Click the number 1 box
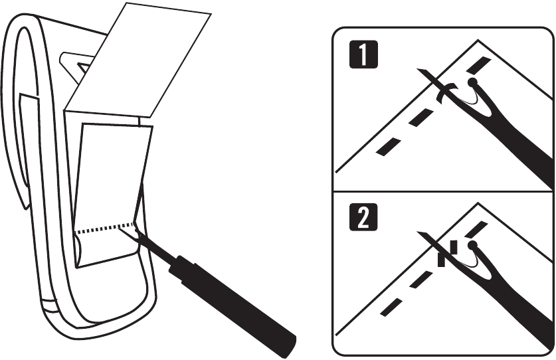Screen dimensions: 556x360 [x=363, y=54]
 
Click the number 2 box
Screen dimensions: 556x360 [x=363, y=217]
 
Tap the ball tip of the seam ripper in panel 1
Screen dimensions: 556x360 [x=472, y=82]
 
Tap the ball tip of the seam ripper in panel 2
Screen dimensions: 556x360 [x=472, y=245]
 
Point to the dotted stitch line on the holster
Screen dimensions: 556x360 [x=106, y=228]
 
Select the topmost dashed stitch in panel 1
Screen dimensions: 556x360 [x=478, y=64]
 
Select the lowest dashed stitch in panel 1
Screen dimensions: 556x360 [x=389, y=147]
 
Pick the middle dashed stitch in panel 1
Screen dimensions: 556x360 [x=421, y=118]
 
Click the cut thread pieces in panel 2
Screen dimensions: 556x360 [x=447, y=254]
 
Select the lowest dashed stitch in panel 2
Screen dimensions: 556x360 [x=391, y=307]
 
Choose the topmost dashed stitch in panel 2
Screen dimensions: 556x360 [x=476, y=229]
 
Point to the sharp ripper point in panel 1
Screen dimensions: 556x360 [x=418, y=70]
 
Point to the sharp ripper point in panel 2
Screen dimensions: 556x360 [x=418, y=232]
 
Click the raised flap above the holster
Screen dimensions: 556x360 [x=138, y=60]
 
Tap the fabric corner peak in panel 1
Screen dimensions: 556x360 [x=478, y=40]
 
